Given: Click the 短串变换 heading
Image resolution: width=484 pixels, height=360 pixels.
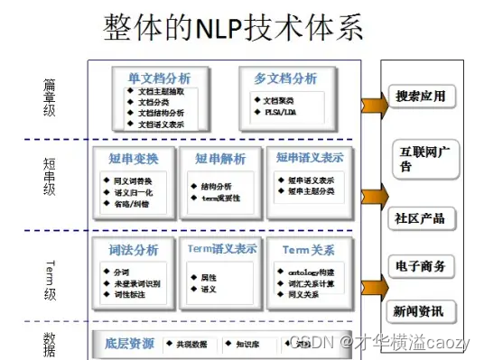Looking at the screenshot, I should click(x=134, y=159).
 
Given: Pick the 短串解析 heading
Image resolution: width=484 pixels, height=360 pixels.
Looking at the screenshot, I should click(x=220, y=159).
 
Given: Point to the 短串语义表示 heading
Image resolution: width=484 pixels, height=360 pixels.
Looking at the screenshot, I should click(x=310, y=158).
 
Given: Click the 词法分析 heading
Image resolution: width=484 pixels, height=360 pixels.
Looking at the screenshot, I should click(x=134, y=250).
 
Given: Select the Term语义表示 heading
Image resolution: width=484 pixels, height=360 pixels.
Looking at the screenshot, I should click(x=222, y=249).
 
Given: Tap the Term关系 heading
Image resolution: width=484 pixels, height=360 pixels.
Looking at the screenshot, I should click(x=309, y=249).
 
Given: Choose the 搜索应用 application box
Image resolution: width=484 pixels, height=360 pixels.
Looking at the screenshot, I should click(x=420, y=97).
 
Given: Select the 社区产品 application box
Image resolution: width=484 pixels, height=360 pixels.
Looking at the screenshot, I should click(x=420, y=219).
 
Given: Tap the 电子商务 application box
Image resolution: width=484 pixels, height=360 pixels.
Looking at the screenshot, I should click(x=420, y=266).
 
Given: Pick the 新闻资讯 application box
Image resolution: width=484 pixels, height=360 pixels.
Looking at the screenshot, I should click(x=419, y=312).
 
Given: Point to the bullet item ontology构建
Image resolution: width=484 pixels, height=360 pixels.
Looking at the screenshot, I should click(x=316, y=273).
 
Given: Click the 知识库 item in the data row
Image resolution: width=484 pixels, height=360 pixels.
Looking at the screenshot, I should click(x=247, y=344).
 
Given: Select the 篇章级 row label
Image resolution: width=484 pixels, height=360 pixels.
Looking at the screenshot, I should click(x=50, y=97).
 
